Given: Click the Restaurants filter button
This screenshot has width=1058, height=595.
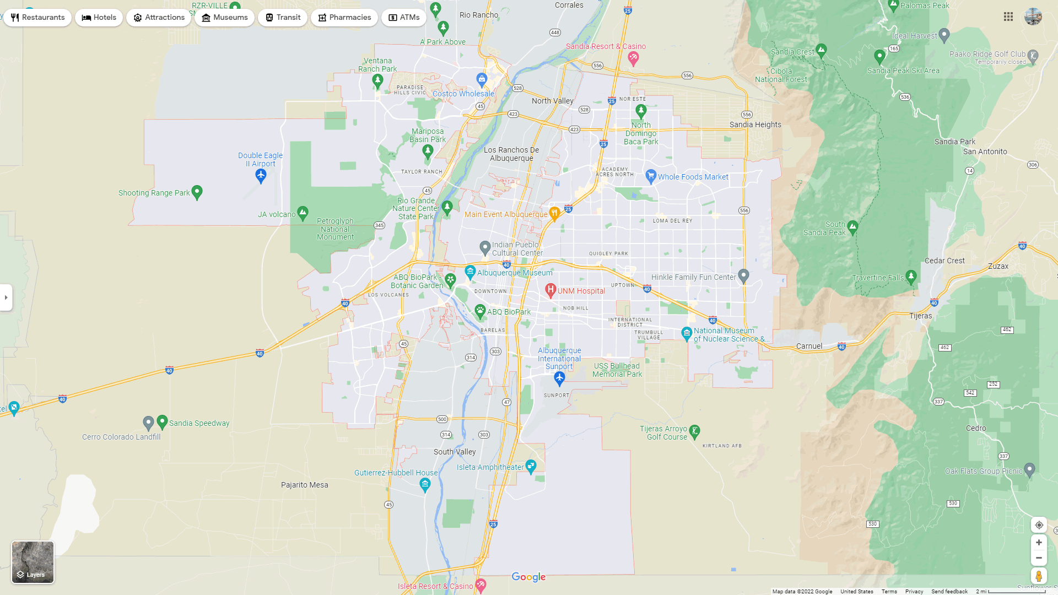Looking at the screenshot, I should point(37,18).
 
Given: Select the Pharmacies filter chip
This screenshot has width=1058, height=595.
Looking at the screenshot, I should point(344,18).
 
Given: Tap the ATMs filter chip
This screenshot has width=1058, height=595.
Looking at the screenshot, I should point(404,18).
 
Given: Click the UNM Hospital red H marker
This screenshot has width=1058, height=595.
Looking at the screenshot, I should point(550,290).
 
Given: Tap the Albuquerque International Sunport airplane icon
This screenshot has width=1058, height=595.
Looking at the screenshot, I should point(559,378).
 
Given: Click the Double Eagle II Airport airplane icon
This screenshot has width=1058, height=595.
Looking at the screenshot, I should point(261,176).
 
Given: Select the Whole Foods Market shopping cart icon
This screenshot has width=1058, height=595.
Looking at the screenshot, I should point(651,176).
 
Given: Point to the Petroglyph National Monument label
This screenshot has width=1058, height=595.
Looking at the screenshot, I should point(335,229).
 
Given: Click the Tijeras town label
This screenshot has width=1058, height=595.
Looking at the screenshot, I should point(920,316).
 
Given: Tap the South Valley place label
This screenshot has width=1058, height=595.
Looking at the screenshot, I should point(455,452).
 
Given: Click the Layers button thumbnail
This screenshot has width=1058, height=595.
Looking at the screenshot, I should point(33,562).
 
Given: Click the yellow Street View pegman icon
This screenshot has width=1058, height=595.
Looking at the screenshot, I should point(1039,576).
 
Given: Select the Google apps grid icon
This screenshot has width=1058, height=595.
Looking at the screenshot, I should point(1008,17).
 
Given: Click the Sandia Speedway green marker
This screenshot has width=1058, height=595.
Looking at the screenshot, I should point(162,422).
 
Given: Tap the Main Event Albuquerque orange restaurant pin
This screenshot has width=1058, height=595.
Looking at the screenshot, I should point(554,214).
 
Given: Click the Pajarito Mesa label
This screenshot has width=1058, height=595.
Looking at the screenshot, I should point(304,485).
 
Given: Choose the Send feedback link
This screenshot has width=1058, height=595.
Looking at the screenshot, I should point(949,592).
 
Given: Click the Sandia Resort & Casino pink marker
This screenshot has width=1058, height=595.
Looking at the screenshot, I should point(633,58).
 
